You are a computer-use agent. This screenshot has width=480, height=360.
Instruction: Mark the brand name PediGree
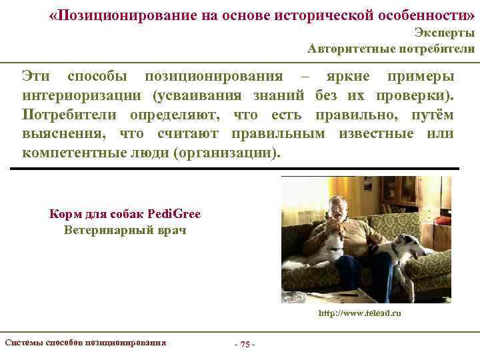173,215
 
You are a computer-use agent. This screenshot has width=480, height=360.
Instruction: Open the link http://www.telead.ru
360,313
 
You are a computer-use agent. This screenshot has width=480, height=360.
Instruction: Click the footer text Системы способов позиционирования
85,343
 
